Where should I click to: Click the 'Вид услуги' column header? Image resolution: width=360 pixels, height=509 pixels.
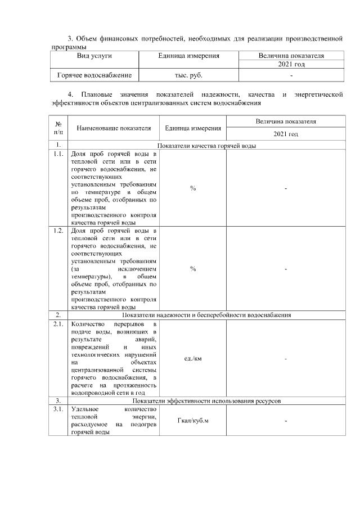coord(94,56)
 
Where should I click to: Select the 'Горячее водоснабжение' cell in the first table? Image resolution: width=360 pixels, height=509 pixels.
coord(94,75)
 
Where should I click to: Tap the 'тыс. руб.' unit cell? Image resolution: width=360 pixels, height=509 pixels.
coord(189,75)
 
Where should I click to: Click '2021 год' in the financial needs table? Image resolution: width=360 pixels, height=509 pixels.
coord(291,65)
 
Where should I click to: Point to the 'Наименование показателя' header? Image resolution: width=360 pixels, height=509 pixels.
coord(114,128)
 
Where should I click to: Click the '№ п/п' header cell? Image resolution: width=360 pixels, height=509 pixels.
coord(58,128)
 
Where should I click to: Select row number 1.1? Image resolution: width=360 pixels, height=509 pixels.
coord(58,154)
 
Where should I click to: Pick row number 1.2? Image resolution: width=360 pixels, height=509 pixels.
coord(58,231)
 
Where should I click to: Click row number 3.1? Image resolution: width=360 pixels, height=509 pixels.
coord(58,409)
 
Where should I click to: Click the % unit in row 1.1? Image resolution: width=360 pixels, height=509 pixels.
coord(193,188)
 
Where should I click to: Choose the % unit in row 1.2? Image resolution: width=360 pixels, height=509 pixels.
coord(193,269)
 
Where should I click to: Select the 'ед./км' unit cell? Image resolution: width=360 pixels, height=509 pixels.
coord(193,359)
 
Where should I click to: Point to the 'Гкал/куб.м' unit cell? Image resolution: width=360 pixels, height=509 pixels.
coord(193,421)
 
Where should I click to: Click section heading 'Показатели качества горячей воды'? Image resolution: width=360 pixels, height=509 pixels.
coord(206,146)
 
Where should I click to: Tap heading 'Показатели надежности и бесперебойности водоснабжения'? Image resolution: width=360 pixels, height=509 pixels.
coord(206,315)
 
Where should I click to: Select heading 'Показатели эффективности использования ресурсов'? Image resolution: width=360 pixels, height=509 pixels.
coord(206,400)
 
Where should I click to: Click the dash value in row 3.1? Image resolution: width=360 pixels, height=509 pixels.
coord(286,421)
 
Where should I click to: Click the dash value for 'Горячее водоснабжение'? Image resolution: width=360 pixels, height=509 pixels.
coord(291,75)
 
